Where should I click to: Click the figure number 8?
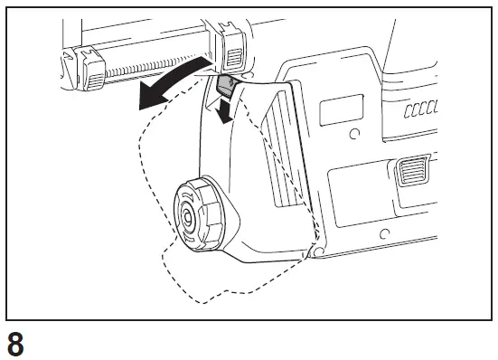pos(16,344)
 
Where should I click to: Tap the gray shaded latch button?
pos(227,87)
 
